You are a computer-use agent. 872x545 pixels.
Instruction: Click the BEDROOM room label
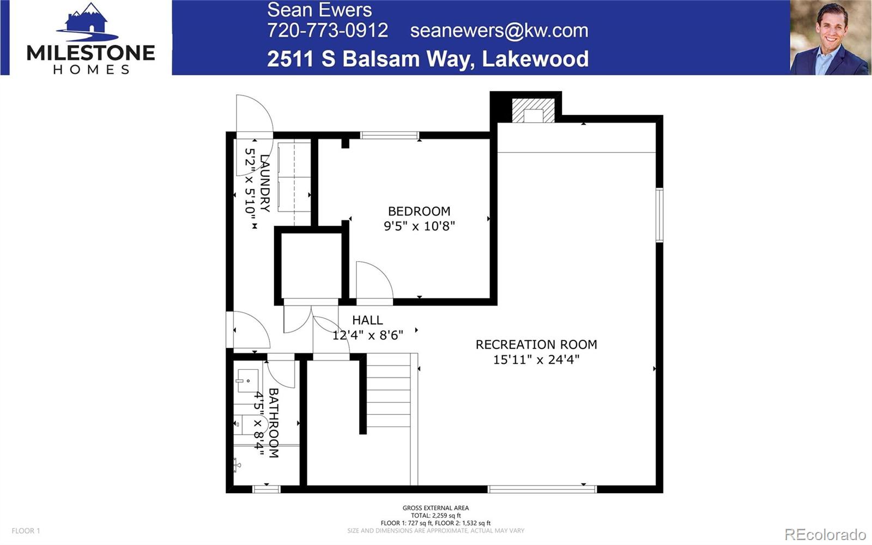[419, 211]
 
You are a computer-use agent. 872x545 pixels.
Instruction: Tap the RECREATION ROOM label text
[536, 344]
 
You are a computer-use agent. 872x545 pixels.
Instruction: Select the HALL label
[367, 320]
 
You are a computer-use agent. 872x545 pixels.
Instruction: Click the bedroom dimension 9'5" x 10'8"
[419, 226]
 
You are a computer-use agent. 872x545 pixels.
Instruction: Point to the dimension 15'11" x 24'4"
[536, 359]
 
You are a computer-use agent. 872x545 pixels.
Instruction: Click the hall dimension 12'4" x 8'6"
[367, 335]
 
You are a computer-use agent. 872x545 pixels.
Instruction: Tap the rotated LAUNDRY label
[265, 183]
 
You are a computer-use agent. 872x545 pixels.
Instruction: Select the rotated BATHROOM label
[274, 423]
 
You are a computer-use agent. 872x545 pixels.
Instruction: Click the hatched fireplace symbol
[533, 110]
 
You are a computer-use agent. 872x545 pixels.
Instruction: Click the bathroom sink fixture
[248, 381]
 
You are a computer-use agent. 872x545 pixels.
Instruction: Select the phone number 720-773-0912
[328, 31]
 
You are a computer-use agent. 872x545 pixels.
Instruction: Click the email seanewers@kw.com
[499, 31]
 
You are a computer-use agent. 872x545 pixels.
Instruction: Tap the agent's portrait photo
[830, 38]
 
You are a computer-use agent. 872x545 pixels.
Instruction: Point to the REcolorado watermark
[825, 534]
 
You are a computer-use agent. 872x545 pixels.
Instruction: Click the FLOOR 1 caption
[26, 531]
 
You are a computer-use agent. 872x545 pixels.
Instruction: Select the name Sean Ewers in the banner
[319, 10]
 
